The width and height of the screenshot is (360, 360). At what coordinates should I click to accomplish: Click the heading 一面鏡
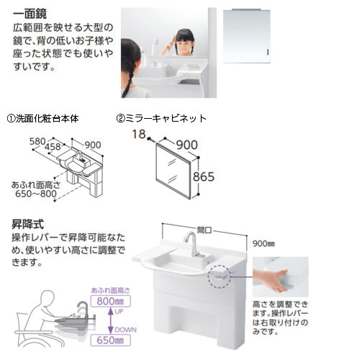click(x=30, y=14)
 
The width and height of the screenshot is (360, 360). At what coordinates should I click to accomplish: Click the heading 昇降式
click(x=28, y=225)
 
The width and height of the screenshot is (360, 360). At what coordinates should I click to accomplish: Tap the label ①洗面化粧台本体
click(x=42, y=119)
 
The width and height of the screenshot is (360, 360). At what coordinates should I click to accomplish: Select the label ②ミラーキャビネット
click(x=161, y=118)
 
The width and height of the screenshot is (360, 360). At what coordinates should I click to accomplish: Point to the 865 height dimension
click(x=204, y=177)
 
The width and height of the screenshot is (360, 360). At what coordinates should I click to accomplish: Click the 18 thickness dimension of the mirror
click(x=139, y=134)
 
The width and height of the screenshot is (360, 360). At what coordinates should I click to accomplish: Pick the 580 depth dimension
click(x=37, y=142)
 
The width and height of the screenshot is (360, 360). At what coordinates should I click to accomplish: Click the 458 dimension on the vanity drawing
click(x=53, y=147)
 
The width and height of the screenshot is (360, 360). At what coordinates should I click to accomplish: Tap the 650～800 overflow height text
click(x=36, y=194)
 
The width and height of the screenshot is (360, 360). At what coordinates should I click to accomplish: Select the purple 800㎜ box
click(x=111, y=301)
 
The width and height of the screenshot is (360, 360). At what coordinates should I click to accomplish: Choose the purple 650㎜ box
click(x=111, y=341)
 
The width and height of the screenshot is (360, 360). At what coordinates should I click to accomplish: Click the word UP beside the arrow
click(x=119, y=312)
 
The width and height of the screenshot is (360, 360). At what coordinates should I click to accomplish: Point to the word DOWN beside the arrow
click(x=125, y=330)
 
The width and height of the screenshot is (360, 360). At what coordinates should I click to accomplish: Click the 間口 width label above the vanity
click(x=204, y=230)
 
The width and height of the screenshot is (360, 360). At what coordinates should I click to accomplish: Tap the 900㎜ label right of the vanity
click(x=264, y=244)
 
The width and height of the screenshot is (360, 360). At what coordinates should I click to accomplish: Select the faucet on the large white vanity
click(x=193, y=243)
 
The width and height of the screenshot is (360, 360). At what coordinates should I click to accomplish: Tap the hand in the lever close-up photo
click(x=271, y=280)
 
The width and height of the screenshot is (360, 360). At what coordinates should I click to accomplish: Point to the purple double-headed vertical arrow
click(x=110, y=321)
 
